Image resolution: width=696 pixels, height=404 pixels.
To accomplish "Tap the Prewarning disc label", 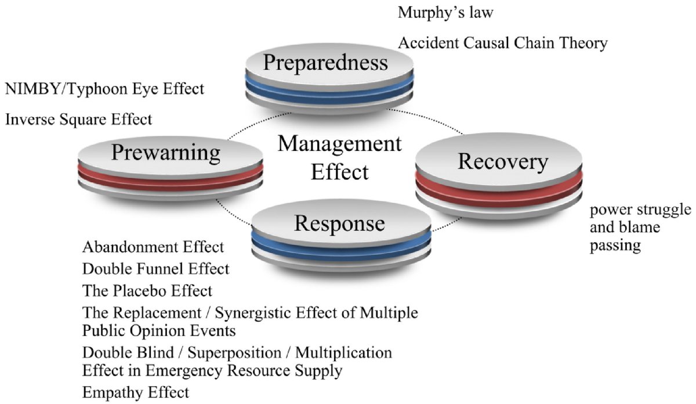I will coord(166,153).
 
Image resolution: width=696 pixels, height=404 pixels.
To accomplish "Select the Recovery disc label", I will coord(502,161).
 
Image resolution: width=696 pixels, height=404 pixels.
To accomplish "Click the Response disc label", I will coord(339,223).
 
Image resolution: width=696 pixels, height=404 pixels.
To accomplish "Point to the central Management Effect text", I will coord(339,157).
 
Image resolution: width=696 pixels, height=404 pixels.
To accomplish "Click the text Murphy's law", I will coord(445,13).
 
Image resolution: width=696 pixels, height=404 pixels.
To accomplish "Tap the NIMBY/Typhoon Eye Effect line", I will coord(104,89).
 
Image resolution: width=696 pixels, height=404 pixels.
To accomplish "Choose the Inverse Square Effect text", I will coord(78,120).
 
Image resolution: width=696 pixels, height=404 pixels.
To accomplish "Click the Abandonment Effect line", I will coord(153,247).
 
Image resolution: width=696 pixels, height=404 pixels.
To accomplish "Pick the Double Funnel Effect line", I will coord(155,269).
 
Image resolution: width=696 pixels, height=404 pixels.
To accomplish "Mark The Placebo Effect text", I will coord(147,290).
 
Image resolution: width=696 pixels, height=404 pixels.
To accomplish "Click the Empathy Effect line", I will coord(136,392).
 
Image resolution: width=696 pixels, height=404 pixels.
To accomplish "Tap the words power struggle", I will coord(640,209).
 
